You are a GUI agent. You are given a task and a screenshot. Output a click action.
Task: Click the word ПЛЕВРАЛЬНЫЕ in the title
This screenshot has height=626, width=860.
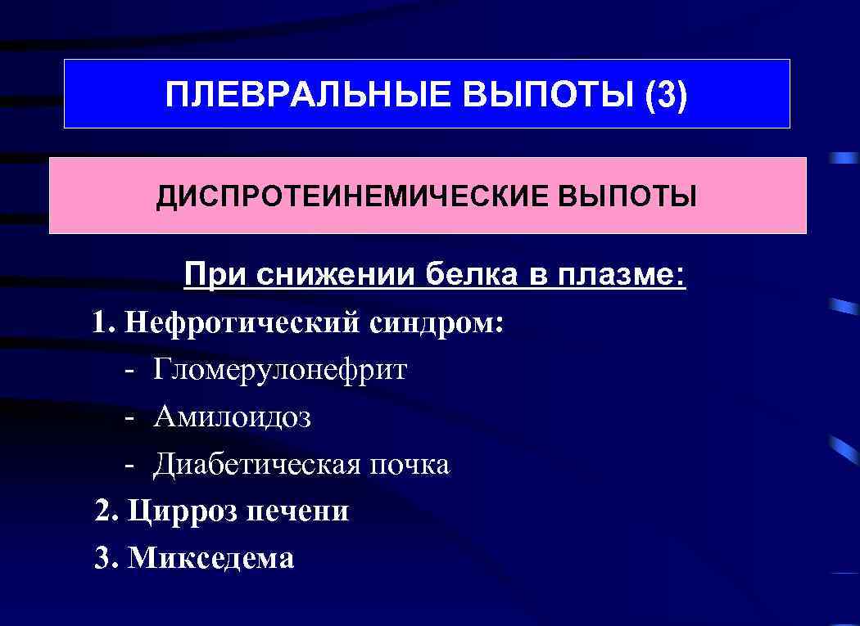coord(309,95)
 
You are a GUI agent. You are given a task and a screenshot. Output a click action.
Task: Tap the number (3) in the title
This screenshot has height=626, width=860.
coord(667,95)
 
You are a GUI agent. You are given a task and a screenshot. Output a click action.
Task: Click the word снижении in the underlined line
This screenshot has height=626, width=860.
coord(337,276)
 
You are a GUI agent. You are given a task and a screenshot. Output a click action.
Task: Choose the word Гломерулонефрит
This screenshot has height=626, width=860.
coord(279,370)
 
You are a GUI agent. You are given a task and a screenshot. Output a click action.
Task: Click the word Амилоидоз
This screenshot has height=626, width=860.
coord(232,417)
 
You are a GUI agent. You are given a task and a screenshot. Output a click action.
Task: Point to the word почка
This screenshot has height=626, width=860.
coord(410,465)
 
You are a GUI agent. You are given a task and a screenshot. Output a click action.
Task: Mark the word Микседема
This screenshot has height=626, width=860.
coord(211,559)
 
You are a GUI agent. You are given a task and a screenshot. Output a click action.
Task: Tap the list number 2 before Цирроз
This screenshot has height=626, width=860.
coord(102,511)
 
